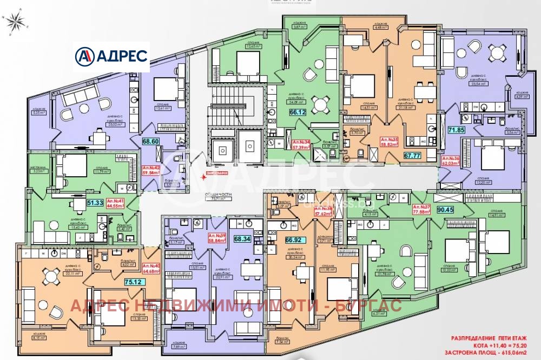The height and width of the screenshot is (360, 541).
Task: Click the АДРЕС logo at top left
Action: coord(112,56)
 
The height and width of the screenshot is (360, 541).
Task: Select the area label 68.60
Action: coord(150,142)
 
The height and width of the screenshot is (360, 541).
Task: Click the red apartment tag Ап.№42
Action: coord(151,171)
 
